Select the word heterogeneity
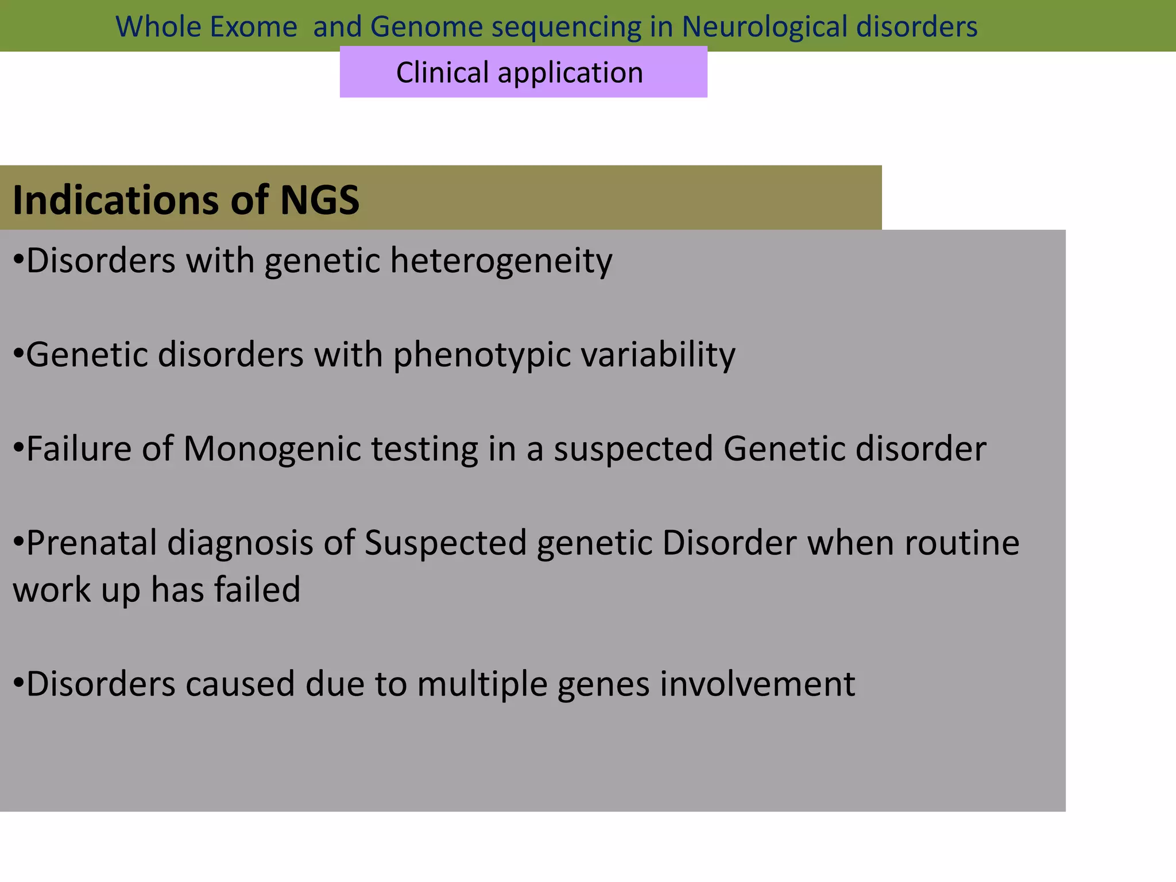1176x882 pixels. (x=501, y=261)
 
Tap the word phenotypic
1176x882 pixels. (x=482, y=355)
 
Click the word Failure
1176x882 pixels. (x=79, y=448)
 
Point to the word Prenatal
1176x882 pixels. (x=91, y=543)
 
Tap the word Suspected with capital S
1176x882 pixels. (x=446, y=543)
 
